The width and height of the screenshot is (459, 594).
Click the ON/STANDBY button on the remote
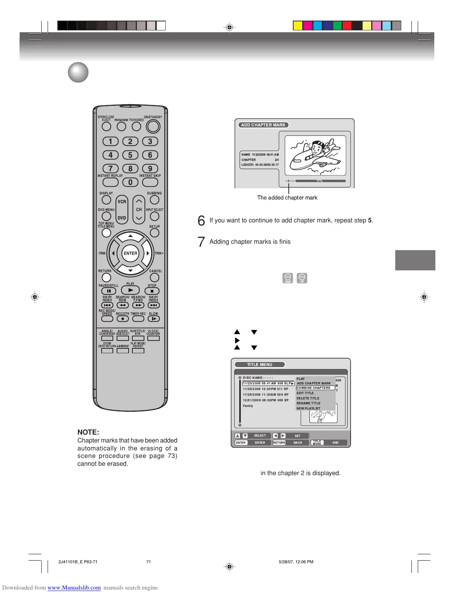[153, 127]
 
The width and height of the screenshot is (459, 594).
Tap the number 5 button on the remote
[130, 155]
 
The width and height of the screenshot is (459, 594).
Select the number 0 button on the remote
[130, 182]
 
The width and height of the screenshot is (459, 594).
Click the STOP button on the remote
[152, 291]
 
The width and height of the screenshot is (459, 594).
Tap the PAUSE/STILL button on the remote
[109, 291]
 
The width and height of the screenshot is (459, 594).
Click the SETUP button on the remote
[154, 233]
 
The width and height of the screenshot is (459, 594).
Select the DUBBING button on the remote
[154, 200]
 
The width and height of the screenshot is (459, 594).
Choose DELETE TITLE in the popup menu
[308, 398]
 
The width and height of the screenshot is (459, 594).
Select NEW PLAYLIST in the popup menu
[308, 408]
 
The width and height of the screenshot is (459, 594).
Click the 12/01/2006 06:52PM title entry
[265, 400]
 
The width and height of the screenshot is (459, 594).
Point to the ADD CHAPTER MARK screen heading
[263, 125]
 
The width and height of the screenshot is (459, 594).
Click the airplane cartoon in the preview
[315, 155]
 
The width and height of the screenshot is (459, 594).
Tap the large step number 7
[201, 242]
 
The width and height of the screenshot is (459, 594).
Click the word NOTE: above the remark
[88, 432]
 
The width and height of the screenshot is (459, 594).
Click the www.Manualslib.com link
[74, 588]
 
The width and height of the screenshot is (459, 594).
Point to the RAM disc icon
[288, 278]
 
